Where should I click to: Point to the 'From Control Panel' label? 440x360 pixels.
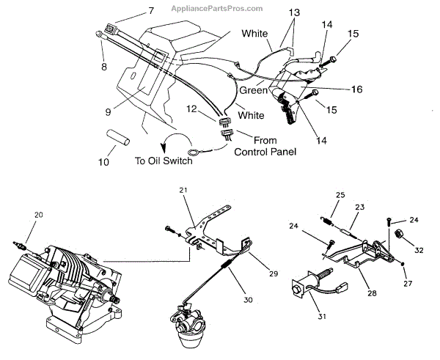[x=264, y=145]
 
